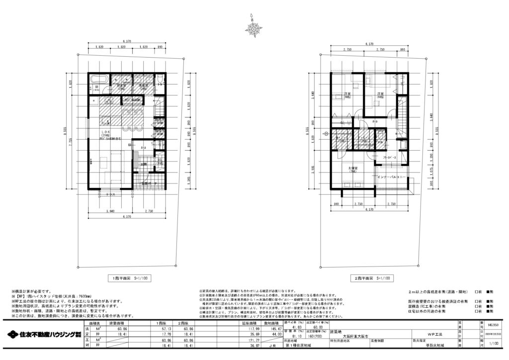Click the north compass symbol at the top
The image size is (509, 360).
pos(254,27)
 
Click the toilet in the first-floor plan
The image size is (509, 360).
pos(159,81)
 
